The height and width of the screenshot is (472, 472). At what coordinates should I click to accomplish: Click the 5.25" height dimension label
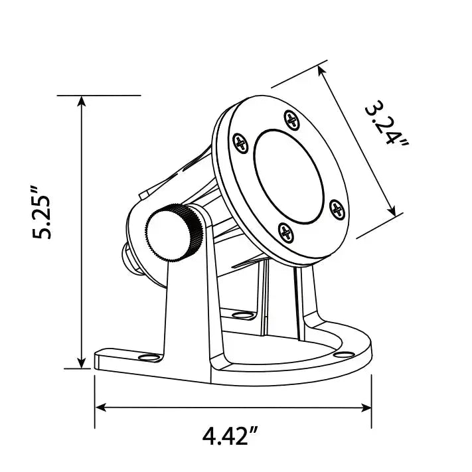42,213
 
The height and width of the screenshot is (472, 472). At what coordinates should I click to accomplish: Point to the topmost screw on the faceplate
291,120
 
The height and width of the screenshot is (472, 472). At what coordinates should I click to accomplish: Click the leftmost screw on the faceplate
241,143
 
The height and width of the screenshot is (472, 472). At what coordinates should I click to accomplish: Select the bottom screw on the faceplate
285,233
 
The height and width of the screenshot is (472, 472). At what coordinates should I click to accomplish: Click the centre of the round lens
289,177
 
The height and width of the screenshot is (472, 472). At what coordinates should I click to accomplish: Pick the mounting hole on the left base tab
149,357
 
